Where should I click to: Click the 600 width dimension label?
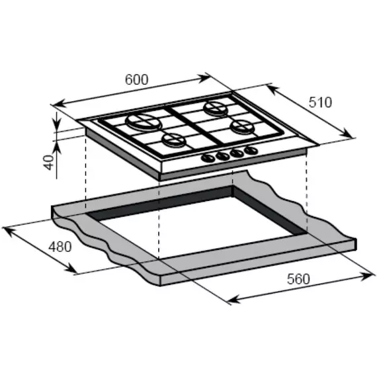point(136,79)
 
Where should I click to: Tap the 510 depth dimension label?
point(320,102)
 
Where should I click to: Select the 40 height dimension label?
point(50,162)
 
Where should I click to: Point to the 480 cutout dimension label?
point(60,247)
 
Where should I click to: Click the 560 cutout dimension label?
point(298,279)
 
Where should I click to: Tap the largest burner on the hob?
point(142,122)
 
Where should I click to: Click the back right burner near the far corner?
point(216,108)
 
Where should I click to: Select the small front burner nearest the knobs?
point(174,140)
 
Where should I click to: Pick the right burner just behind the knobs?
point(243,126)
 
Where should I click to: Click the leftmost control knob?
point(208,158)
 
